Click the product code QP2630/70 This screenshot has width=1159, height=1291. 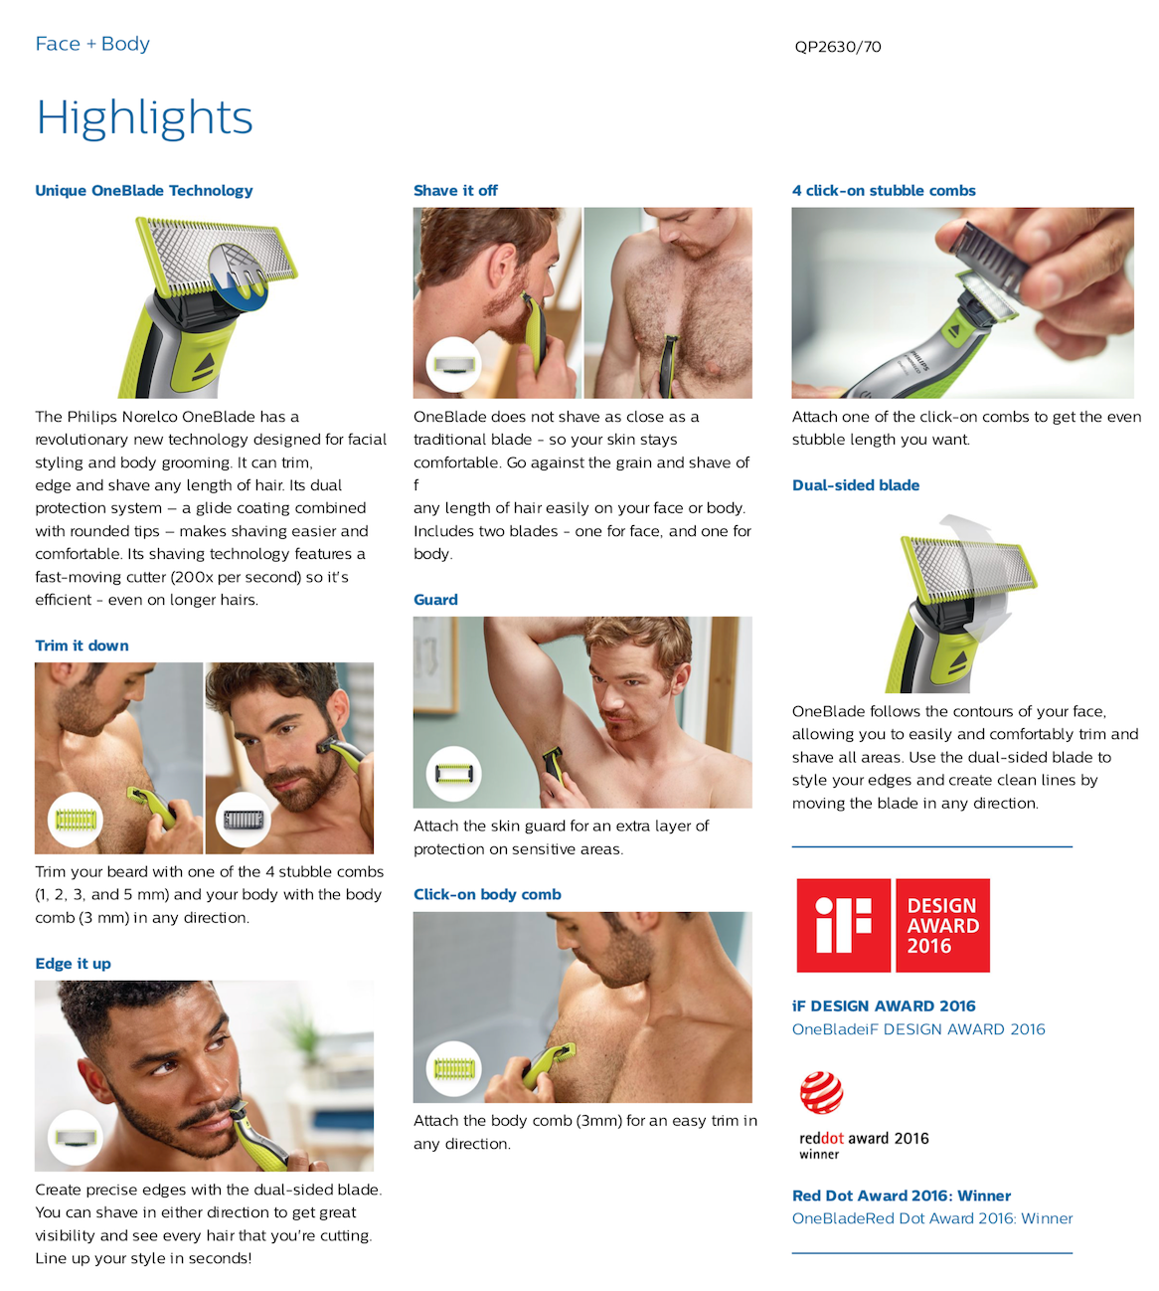point(837,47)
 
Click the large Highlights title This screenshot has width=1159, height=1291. point(144,118)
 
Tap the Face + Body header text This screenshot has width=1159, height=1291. point(92,44)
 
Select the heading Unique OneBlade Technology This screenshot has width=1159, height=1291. point(144,191)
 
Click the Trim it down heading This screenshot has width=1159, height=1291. point(82,645)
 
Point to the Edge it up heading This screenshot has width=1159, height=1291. point(73,964)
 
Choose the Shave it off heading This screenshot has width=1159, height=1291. point(455,191)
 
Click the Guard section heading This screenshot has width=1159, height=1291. point(435,600)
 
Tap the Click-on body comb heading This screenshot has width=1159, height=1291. point(487,895)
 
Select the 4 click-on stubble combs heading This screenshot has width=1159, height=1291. point(884,191)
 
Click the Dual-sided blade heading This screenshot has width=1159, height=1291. point(855,485)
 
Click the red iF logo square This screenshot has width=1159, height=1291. point(843,925)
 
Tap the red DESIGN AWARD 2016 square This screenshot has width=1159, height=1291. point(942,925)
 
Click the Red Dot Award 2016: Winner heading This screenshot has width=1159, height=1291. point(902,1197)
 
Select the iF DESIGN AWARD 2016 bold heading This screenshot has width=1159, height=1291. point(884,1007)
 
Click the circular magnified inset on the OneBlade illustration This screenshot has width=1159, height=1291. point(239,277)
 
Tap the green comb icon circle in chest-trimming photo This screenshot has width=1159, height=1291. point(76,820)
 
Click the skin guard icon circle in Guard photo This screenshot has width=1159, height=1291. point(453,774)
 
